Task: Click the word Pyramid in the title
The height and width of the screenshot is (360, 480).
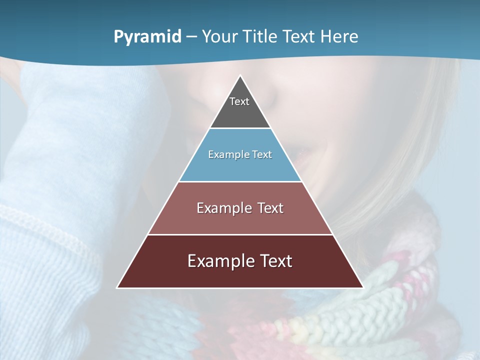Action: (147, 37)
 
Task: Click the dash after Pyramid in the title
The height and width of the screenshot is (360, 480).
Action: (191, 37)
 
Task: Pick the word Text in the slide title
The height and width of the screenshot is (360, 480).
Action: (299, 36)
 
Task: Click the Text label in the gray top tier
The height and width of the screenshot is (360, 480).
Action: (239, 101)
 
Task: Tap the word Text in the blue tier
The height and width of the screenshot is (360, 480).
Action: (262, 154)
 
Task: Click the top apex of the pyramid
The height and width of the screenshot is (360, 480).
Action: (240, 76)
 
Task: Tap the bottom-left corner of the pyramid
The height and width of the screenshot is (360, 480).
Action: (118, 287)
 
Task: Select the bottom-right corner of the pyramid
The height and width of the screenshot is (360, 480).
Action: (362, 287)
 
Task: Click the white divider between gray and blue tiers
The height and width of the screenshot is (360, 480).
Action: (240, 128)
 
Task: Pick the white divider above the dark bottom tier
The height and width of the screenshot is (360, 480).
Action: (240, 234)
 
